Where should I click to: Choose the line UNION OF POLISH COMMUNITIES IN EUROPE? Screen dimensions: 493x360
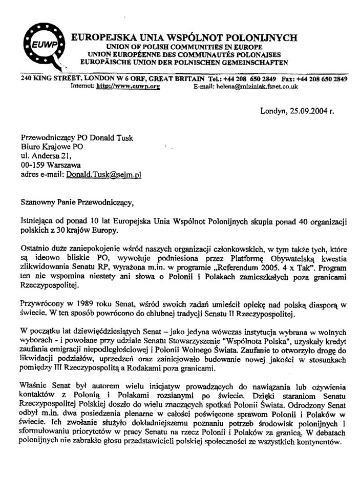click(x=183, y=47)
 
